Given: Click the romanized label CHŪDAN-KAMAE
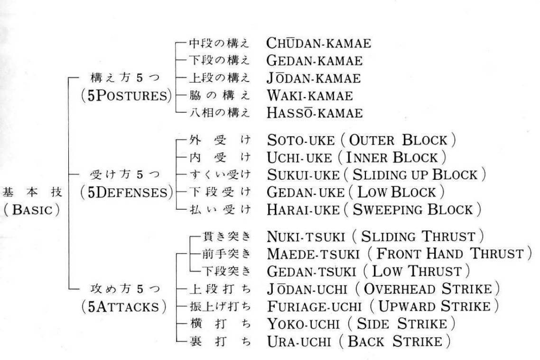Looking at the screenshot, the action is [x=318, y=43].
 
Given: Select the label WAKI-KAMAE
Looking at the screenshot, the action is [x=309, y=95].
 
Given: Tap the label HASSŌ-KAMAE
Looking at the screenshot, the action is [x=315, y=112].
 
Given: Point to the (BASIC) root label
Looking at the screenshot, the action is [x=32, y=210].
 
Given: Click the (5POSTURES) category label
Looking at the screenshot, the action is [x=126, y=95].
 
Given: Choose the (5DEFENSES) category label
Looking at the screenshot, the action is [x=127, y=192].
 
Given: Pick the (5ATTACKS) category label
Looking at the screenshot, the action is [x=124, y=306].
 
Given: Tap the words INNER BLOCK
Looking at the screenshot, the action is [x=391, y=157].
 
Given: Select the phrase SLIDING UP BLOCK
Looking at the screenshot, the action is [x=415, y=175].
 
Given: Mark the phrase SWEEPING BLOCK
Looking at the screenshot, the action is [x=412, y=209].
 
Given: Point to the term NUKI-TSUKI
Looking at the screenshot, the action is [x=306, y=237].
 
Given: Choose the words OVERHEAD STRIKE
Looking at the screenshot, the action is [x=428, y=289].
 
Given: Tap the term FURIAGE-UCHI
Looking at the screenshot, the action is [x=314, y=306].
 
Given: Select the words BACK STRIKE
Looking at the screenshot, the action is [x=395, y=341].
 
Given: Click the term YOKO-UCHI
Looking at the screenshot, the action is [x=303, y=323].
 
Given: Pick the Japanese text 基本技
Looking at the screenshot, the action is [x=32, y=192].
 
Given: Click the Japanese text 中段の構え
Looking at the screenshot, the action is [x=219, y=43].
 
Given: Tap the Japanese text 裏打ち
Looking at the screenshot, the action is [x=220, y=341].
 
